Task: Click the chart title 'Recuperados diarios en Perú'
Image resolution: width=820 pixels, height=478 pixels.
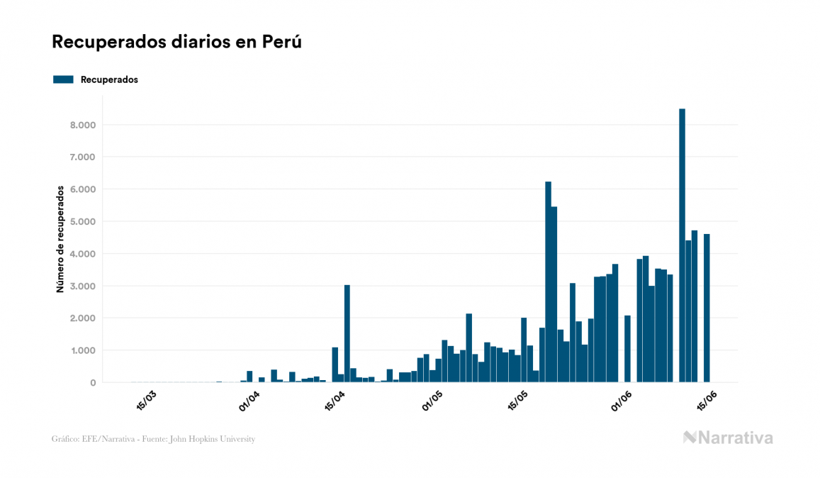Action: click(177, 42)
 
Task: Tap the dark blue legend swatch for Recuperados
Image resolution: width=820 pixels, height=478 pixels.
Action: click(63, 79)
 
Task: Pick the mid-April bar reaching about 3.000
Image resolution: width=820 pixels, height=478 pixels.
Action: click(347, 333)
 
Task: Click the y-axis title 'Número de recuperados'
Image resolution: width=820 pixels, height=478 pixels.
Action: click(61, 239)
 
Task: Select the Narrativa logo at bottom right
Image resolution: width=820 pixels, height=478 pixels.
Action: click(728, 438)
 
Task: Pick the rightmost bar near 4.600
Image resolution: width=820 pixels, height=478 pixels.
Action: click(707, 308)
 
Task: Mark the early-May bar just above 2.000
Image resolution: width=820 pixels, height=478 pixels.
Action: click(468, 348)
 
